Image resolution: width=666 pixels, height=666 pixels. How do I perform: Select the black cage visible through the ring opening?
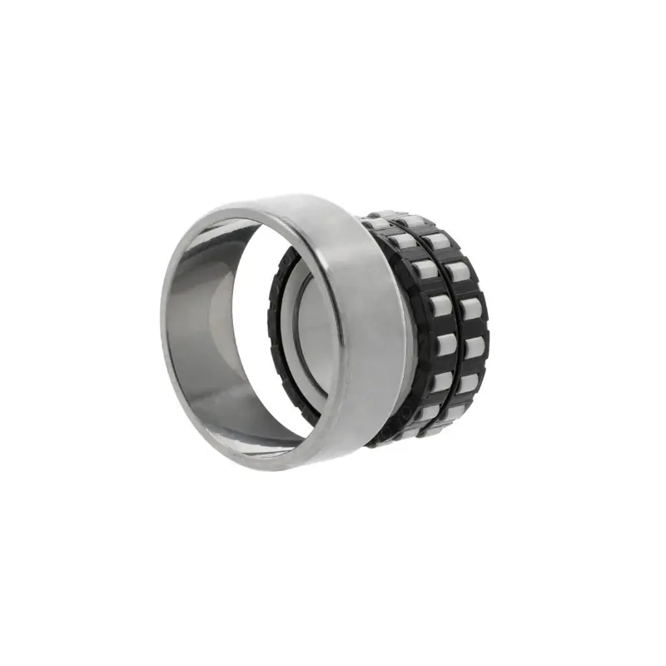(x=279, y=333)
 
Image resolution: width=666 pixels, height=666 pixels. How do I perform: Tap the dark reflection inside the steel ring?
(x=208, y=275)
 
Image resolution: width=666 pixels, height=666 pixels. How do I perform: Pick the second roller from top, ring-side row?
(x=403, y=241)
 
